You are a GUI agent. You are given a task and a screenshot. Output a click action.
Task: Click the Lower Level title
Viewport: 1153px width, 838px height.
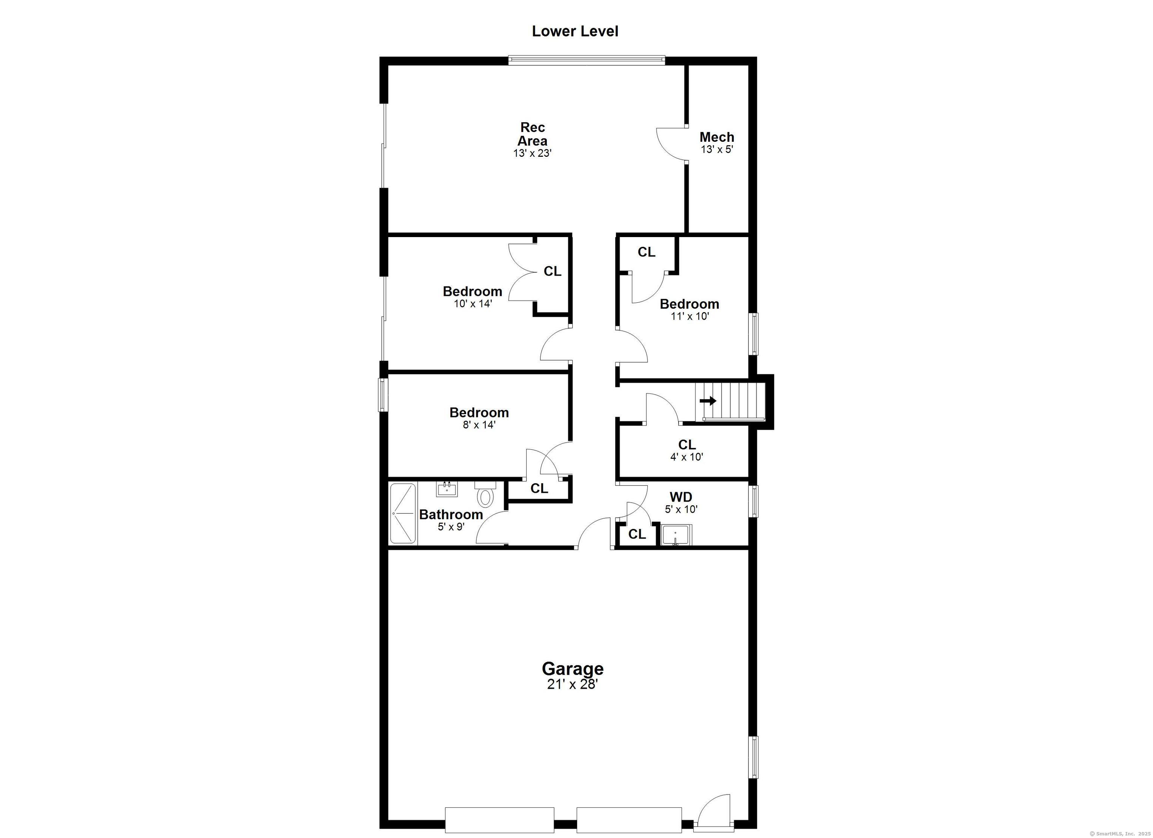click(x=575, y=32)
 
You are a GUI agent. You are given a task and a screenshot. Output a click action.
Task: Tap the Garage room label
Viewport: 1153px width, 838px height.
click(x=572, y=668)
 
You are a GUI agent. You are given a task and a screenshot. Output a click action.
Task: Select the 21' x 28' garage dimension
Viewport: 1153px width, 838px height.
click(x=572, y=685)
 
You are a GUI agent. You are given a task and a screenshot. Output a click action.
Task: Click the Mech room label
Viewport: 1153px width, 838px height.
click(x=717, y=137)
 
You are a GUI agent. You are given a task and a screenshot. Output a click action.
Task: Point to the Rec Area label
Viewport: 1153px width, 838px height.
click(x=532, y=134)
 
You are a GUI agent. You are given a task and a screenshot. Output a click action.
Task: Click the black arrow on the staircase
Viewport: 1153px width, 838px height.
click(x=707, y=401)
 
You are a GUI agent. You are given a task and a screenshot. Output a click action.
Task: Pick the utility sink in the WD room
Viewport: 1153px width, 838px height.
click(x=676, y=536)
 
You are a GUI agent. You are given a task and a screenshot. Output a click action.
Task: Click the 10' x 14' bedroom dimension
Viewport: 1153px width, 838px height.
click(x=473, y=304)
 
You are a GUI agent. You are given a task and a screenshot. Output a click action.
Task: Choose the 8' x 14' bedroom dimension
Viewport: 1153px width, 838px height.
click(x=479, y=425)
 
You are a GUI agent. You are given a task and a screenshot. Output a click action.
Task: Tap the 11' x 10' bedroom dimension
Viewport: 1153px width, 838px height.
click(x=690, y=316)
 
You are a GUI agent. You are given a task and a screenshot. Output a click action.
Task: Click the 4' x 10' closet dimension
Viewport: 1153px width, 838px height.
click(x=686, y=457)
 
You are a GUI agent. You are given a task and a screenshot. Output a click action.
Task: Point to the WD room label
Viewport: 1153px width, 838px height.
click(x=681, y=497)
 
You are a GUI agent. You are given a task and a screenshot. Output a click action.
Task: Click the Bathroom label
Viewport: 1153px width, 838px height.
click(x=451, y=514)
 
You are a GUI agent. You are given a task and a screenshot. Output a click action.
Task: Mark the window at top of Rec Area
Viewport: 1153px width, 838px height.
click(x=587, y=60)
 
